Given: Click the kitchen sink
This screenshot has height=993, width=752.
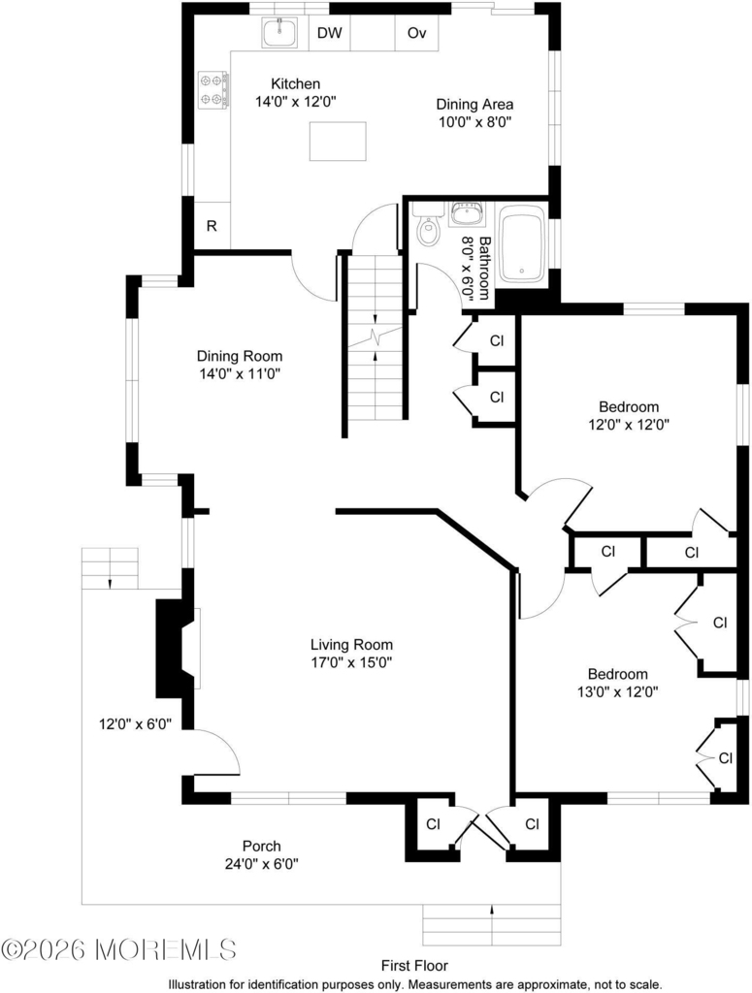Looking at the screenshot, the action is click(279, 32).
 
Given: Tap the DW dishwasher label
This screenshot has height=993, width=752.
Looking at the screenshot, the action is click(329, 33).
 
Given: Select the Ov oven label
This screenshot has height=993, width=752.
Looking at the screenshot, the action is click(416, 33).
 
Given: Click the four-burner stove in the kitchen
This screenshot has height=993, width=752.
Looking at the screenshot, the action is click(213, 90).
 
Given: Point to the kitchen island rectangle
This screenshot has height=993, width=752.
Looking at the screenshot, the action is click(338, 142).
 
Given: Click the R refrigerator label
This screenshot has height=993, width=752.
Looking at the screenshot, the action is click(212, 226).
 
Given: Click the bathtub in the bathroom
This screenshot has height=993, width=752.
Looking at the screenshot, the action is click(522, 243).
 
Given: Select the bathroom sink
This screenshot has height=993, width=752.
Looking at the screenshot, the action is click(467, 214).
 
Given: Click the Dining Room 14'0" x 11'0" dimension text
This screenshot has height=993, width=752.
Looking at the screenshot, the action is click(240, 373).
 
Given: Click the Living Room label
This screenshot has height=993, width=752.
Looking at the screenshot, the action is click(351, 645).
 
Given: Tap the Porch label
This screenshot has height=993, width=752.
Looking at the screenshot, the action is click(262, 846).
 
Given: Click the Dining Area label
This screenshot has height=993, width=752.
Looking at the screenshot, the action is click(474, 105).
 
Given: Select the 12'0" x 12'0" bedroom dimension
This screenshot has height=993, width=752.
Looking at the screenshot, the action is click(629, 425).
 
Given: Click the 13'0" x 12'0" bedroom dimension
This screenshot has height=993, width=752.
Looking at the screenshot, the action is click(618, 691).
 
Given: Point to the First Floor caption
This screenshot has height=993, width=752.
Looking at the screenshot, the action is click(414, 966).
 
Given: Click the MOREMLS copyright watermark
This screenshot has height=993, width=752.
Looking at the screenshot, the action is click(119, 949).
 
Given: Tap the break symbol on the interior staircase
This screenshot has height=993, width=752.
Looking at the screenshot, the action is click(376, 336).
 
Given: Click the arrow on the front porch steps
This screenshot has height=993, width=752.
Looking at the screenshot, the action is click(492, 910).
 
